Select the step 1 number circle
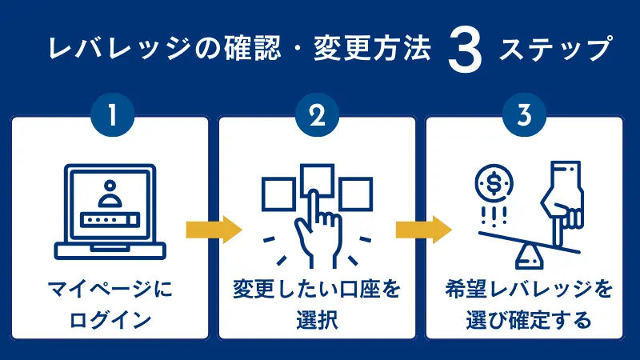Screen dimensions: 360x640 pos(110,118)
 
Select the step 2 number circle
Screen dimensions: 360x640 pos(318,118)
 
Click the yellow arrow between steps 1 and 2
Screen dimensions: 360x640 pos(213,230)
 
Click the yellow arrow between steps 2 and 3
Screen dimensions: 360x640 pos(422,230)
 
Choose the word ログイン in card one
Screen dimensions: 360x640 pos(110,320)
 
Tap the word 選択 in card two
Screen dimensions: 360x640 pos(318,320)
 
